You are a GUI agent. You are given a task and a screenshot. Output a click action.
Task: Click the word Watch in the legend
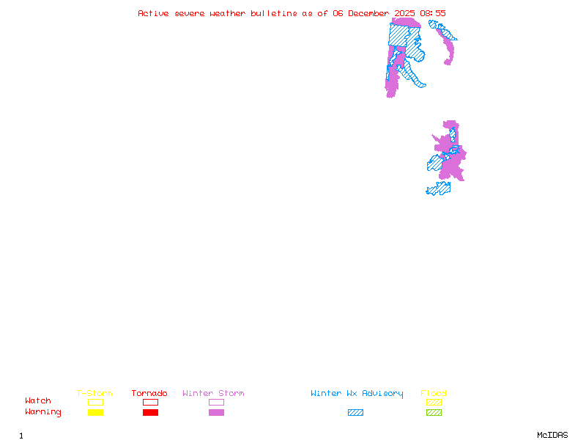(x=38, y=401)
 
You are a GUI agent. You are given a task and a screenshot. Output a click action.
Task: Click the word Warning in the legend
(x=43, y=412)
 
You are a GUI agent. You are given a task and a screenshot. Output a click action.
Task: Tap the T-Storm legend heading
(x=94, y=394)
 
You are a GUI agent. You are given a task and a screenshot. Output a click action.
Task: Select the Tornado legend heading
(x=149, y=394)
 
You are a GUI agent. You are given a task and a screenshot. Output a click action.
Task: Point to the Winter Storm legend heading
(x=213, y=394)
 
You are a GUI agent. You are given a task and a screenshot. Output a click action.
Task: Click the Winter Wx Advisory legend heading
(x=357, y=394)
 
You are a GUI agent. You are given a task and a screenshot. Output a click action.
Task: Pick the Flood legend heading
(x=434, y=394)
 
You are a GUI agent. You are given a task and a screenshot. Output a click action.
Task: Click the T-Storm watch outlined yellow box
(x=95, y=402)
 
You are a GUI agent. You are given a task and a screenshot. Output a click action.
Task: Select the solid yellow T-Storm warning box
(x=95, y=412)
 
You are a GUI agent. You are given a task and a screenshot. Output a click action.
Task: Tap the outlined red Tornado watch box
(x=150, y=402)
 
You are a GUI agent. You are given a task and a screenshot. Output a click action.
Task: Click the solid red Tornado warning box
(x=150, y=412)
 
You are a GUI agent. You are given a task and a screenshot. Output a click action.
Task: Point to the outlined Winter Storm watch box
(x=216, y=402)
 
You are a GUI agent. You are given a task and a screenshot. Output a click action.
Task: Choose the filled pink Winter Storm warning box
(x=216, y=412)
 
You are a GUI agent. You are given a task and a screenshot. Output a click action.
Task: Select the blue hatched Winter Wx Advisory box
(x=355, y=412)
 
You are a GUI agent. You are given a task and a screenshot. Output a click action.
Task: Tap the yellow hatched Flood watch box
(x=434, y=402)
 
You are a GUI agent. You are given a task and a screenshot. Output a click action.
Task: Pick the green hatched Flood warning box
(x=434, y=412)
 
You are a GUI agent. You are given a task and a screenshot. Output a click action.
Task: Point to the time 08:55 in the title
(x=433, y=13)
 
